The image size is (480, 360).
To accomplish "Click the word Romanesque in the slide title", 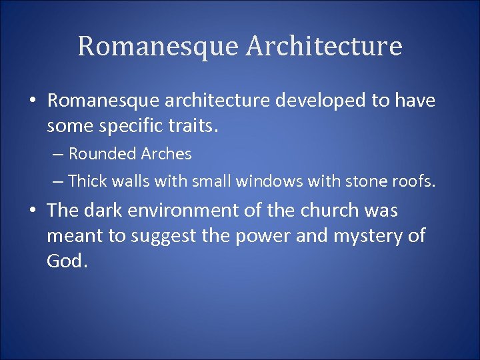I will [157, 47].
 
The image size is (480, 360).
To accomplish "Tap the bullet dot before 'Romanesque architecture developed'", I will [32, 101].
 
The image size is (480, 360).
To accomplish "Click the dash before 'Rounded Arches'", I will [58, 155].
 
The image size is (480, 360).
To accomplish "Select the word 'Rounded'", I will [103, 154].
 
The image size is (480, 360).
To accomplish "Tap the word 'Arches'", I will [166, 154].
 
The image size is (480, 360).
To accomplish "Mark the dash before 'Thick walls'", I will [58, 181].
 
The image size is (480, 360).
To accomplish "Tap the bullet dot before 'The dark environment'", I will [32, 211].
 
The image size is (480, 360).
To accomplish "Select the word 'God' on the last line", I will [65, 260].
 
